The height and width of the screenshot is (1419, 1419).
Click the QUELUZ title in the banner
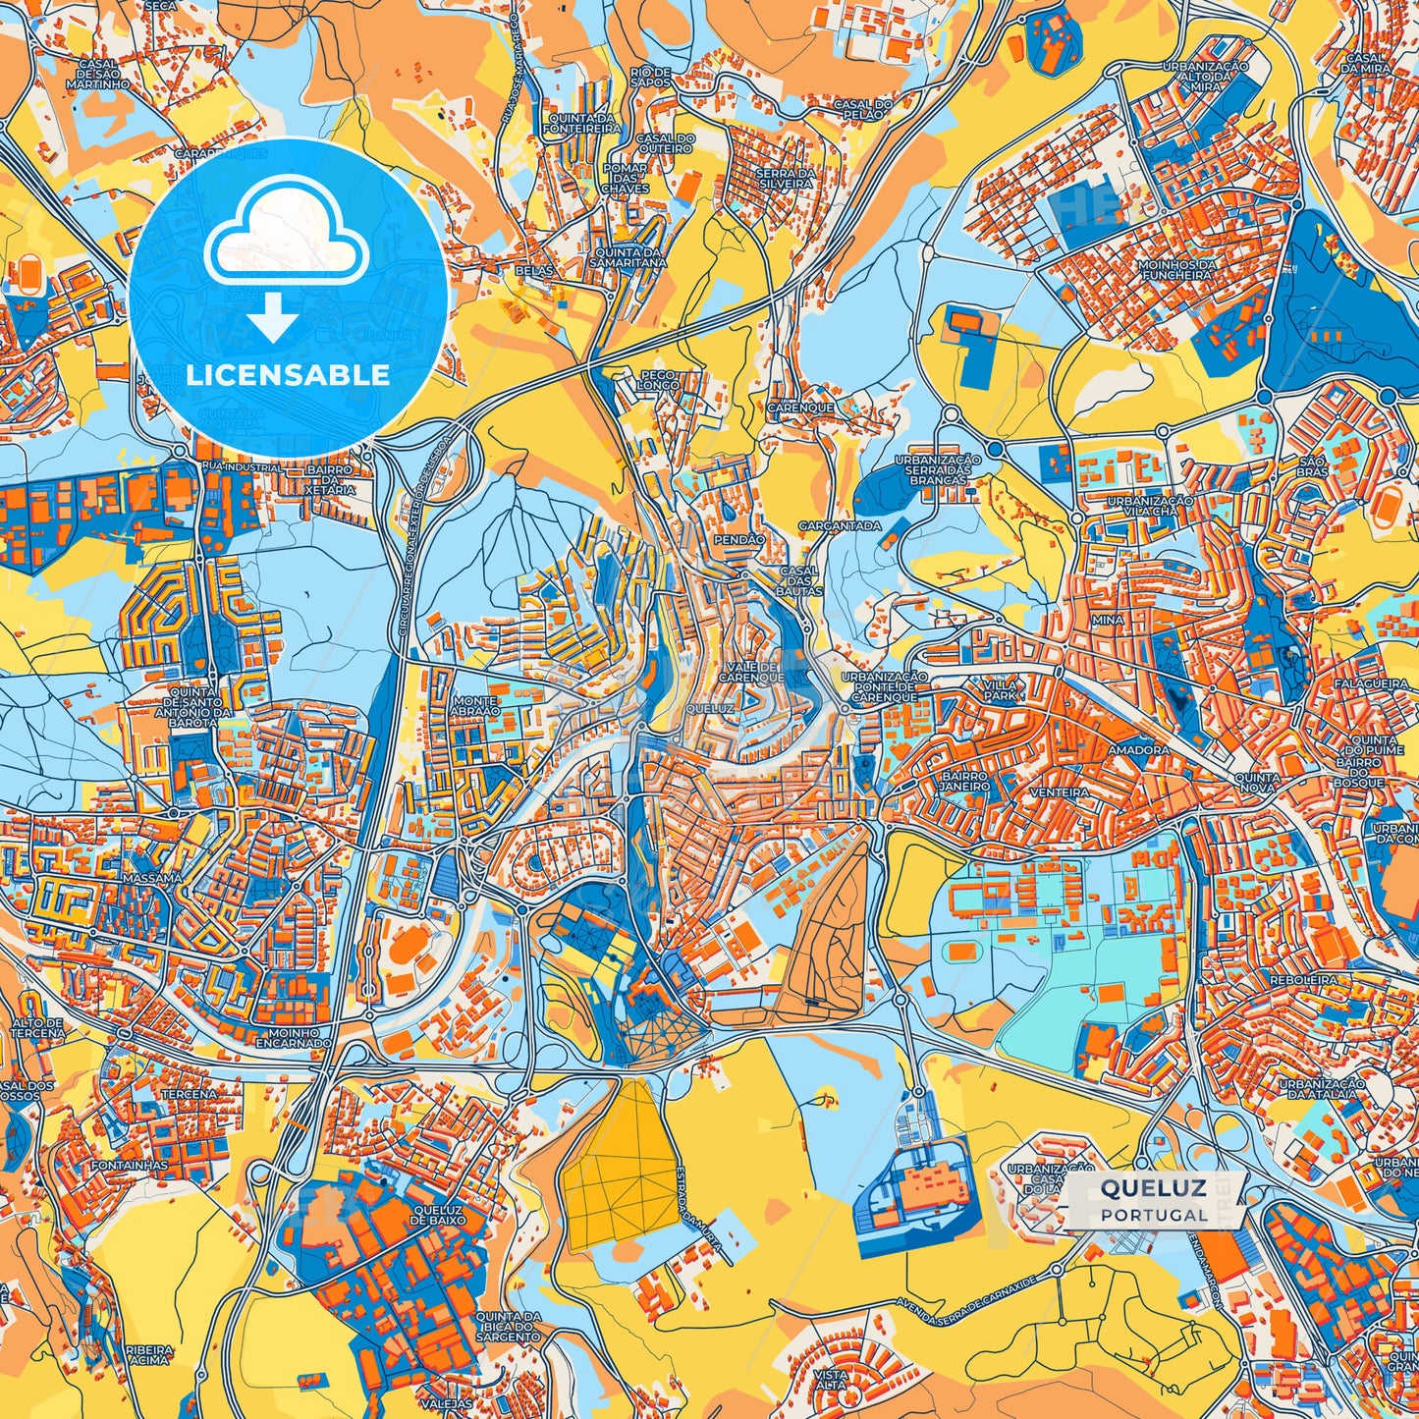tap(1153, 1188)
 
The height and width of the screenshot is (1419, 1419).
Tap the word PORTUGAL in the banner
tap(1154, 1215)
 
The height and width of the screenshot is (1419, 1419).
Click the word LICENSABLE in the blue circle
tap(289, 375)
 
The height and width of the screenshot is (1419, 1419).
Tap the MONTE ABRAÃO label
tap(475, 706)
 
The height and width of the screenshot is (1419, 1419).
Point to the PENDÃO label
tap(740, 540)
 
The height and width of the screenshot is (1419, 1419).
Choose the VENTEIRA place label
tap(1060, 791)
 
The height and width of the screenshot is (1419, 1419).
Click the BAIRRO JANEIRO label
tap(963, 781)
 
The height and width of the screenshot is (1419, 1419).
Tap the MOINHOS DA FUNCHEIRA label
tap(1175, 270)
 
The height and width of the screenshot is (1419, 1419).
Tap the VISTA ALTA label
tap(831, 1381)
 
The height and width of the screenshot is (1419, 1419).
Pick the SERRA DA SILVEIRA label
tap(785, 180)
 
